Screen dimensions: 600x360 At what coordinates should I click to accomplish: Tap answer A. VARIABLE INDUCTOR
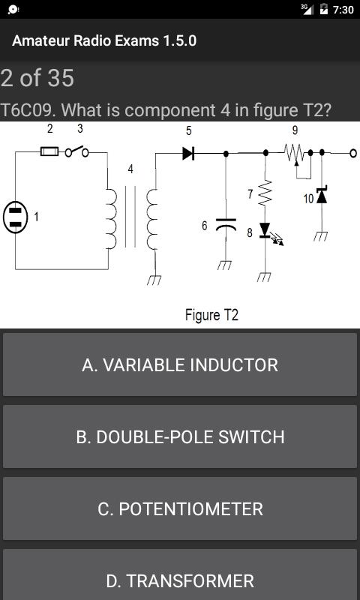pos(180,364)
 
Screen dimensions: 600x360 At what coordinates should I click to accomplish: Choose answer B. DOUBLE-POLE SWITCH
pos(180,436)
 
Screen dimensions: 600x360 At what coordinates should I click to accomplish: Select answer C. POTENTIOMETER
pos(180,508)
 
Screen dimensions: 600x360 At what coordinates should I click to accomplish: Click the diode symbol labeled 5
pos(188,153)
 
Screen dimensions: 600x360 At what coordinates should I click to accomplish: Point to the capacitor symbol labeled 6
pos(226,225)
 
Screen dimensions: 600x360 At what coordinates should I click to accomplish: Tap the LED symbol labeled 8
pos(265,231)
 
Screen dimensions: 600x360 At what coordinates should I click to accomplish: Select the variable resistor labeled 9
pos(294,153)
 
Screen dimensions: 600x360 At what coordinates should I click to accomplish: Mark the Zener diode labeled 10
pos(322,196)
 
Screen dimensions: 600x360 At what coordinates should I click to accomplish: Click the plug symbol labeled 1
pos(16,217)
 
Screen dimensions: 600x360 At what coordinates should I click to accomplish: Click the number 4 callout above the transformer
pos(130,169)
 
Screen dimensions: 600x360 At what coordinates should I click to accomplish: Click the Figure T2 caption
pos(211,315)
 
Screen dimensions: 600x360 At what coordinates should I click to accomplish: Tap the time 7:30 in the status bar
pos(343,10)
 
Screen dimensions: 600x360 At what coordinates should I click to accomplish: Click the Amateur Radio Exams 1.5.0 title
pos(104,40)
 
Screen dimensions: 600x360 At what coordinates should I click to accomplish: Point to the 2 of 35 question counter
pos(37,78)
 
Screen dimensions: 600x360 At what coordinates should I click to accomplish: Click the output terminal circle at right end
pos(352,153)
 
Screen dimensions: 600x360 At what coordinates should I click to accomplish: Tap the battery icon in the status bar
pos(324,10)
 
